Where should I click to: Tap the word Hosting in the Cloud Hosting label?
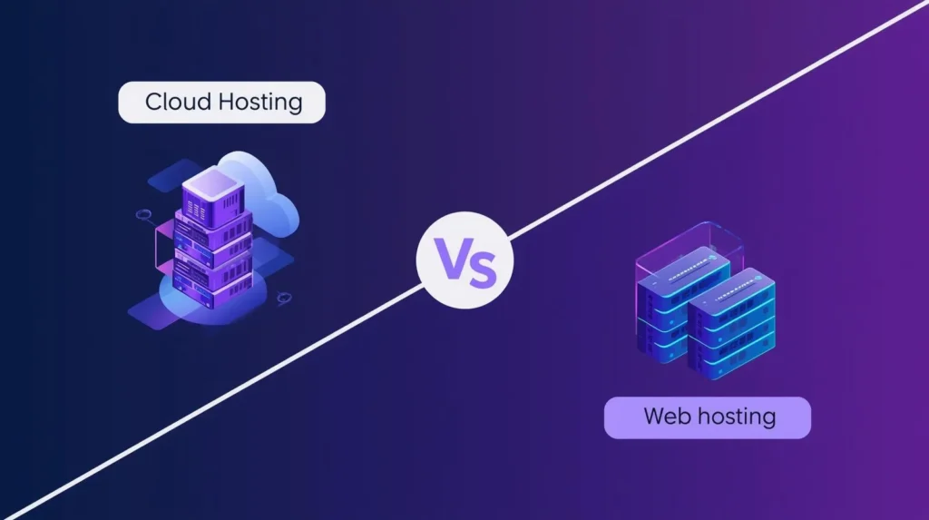[x=261, y=103]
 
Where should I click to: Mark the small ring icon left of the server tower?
[x=143, y=216]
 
